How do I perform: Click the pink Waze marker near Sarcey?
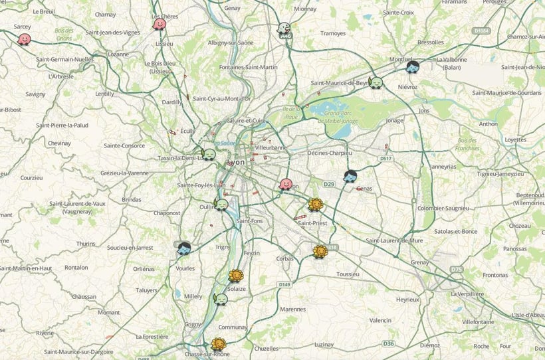point(25,39)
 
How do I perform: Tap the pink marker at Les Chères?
point(160,24)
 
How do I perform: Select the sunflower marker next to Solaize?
point(235,276)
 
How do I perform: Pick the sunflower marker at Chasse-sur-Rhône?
point(217,344)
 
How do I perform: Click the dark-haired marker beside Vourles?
point(184,248)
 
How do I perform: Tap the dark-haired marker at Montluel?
point(412,67)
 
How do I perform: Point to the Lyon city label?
point(237,162)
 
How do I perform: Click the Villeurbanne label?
point(270,147)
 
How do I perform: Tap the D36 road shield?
point(389,343)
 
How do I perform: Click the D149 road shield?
point(285,284)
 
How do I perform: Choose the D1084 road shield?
point(482,31)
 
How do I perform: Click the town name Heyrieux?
point(407,299)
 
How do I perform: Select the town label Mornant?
point(108,312)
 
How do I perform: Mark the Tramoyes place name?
point(332,33)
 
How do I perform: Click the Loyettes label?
point(515,139)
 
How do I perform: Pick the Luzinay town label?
point(324,344)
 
